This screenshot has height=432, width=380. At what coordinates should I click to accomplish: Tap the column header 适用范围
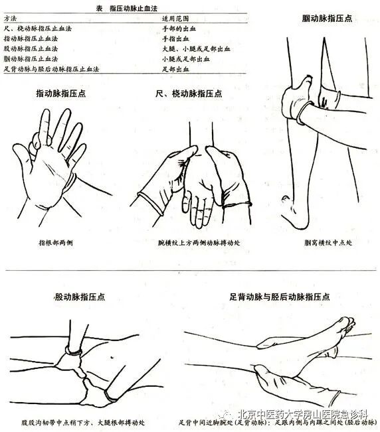[x=175, y=19]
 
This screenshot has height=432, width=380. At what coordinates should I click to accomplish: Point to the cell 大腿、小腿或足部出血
[x=195, y=48]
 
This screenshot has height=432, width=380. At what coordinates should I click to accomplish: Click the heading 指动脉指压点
[x=60, y=95]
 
